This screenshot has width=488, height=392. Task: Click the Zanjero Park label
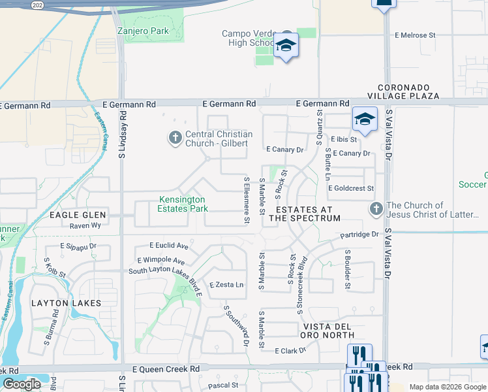pyautogui.click(x=142, y=31)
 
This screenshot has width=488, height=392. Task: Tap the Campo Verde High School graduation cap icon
pyautogui.click(x=286, y=47)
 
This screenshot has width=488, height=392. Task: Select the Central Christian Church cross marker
pyautogui.click(x=175, y=138)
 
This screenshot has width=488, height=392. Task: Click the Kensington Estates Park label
pyautogui.click(x=182, y=204)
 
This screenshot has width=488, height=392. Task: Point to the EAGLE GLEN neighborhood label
pyautogui.click(x=72, y=215)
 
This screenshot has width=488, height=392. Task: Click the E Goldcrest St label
pyautogui.click(x=351, y=188)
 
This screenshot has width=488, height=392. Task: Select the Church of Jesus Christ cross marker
pyautogui.click(x=376, y=209)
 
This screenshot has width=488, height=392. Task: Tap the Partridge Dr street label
pyautogui.click(x=359, y=235)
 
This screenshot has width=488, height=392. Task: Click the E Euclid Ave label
pyautogui.click(x=168, y=246)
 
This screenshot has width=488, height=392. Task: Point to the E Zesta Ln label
pyautogui.click(x=226, y=285)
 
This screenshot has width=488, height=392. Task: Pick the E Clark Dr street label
pyautogui.click(x=290, y=351)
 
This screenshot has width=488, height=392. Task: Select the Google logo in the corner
pyautogui.click(x=22, y=384)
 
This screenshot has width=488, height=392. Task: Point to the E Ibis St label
pyautogui.click(x=344, y=139)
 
